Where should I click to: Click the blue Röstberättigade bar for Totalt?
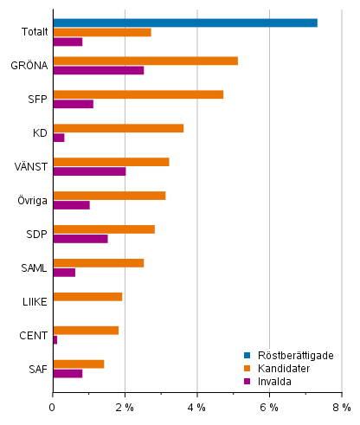click(184, 23)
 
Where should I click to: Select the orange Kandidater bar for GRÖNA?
click(145, 61)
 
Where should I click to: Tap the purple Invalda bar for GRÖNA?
click(98, 70)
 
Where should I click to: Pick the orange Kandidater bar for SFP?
click(138, 94)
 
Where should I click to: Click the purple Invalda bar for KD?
click(58, 138)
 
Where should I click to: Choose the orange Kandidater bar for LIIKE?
click(87, 297)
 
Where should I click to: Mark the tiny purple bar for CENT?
click(55, 340)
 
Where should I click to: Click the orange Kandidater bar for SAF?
click(78, 364)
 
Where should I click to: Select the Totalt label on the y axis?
click(35, 32)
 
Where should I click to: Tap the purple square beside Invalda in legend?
click(246, 381)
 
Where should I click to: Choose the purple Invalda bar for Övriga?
click(71, 205)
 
